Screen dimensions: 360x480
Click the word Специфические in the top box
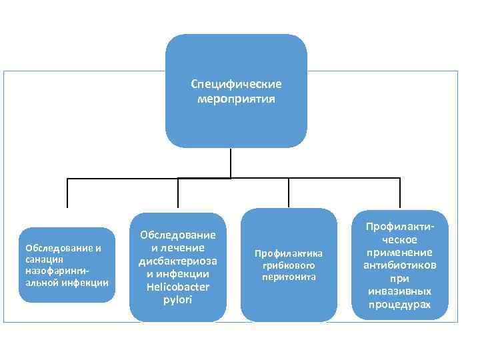click(236, 85)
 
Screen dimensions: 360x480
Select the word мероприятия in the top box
click(236, 99)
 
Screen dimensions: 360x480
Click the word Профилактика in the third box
click(288, 253)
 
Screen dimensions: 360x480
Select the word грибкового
click(288, 265)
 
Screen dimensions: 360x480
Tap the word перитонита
click(288, 276)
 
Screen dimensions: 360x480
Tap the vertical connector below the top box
click(231, 163)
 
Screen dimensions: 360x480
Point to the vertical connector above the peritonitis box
click(288, 193)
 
